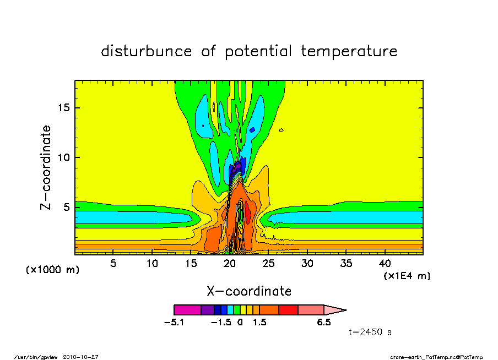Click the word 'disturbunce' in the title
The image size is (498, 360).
[x=147, y=51]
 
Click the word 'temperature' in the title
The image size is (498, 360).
[x=349, y=51]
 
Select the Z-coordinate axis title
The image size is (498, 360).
[x=45, y=167]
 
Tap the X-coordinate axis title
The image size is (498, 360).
[x=249, y=291]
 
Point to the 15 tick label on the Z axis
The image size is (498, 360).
[x=63, y=108]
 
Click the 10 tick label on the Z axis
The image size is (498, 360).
[x=63, y=157]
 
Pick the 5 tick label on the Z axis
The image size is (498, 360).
[x=66, y=208]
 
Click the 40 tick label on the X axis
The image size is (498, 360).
[x=385, y=263]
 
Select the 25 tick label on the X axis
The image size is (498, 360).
[x=268, y=263]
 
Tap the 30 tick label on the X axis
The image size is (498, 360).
[x=307, y=263]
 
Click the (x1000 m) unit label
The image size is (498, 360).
[x=52, y=270]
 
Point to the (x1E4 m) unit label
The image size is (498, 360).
[x=407, y=276]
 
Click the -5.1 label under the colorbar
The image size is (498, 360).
[x=174, y=323]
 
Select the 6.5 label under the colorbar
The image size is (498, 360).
[x=324, y=323]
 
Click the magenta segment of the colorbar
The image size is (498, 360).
[x=187, y=310]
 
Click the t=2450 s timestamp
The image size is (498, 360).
[x=370, y=332]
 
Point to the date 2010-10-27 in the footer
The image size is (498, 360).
[x=80, y=357]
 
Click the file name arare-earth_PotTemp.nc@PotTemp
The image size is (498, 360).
[x=436, y=357]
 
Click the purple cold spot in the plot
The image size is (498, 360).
[x=236, y=168]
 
